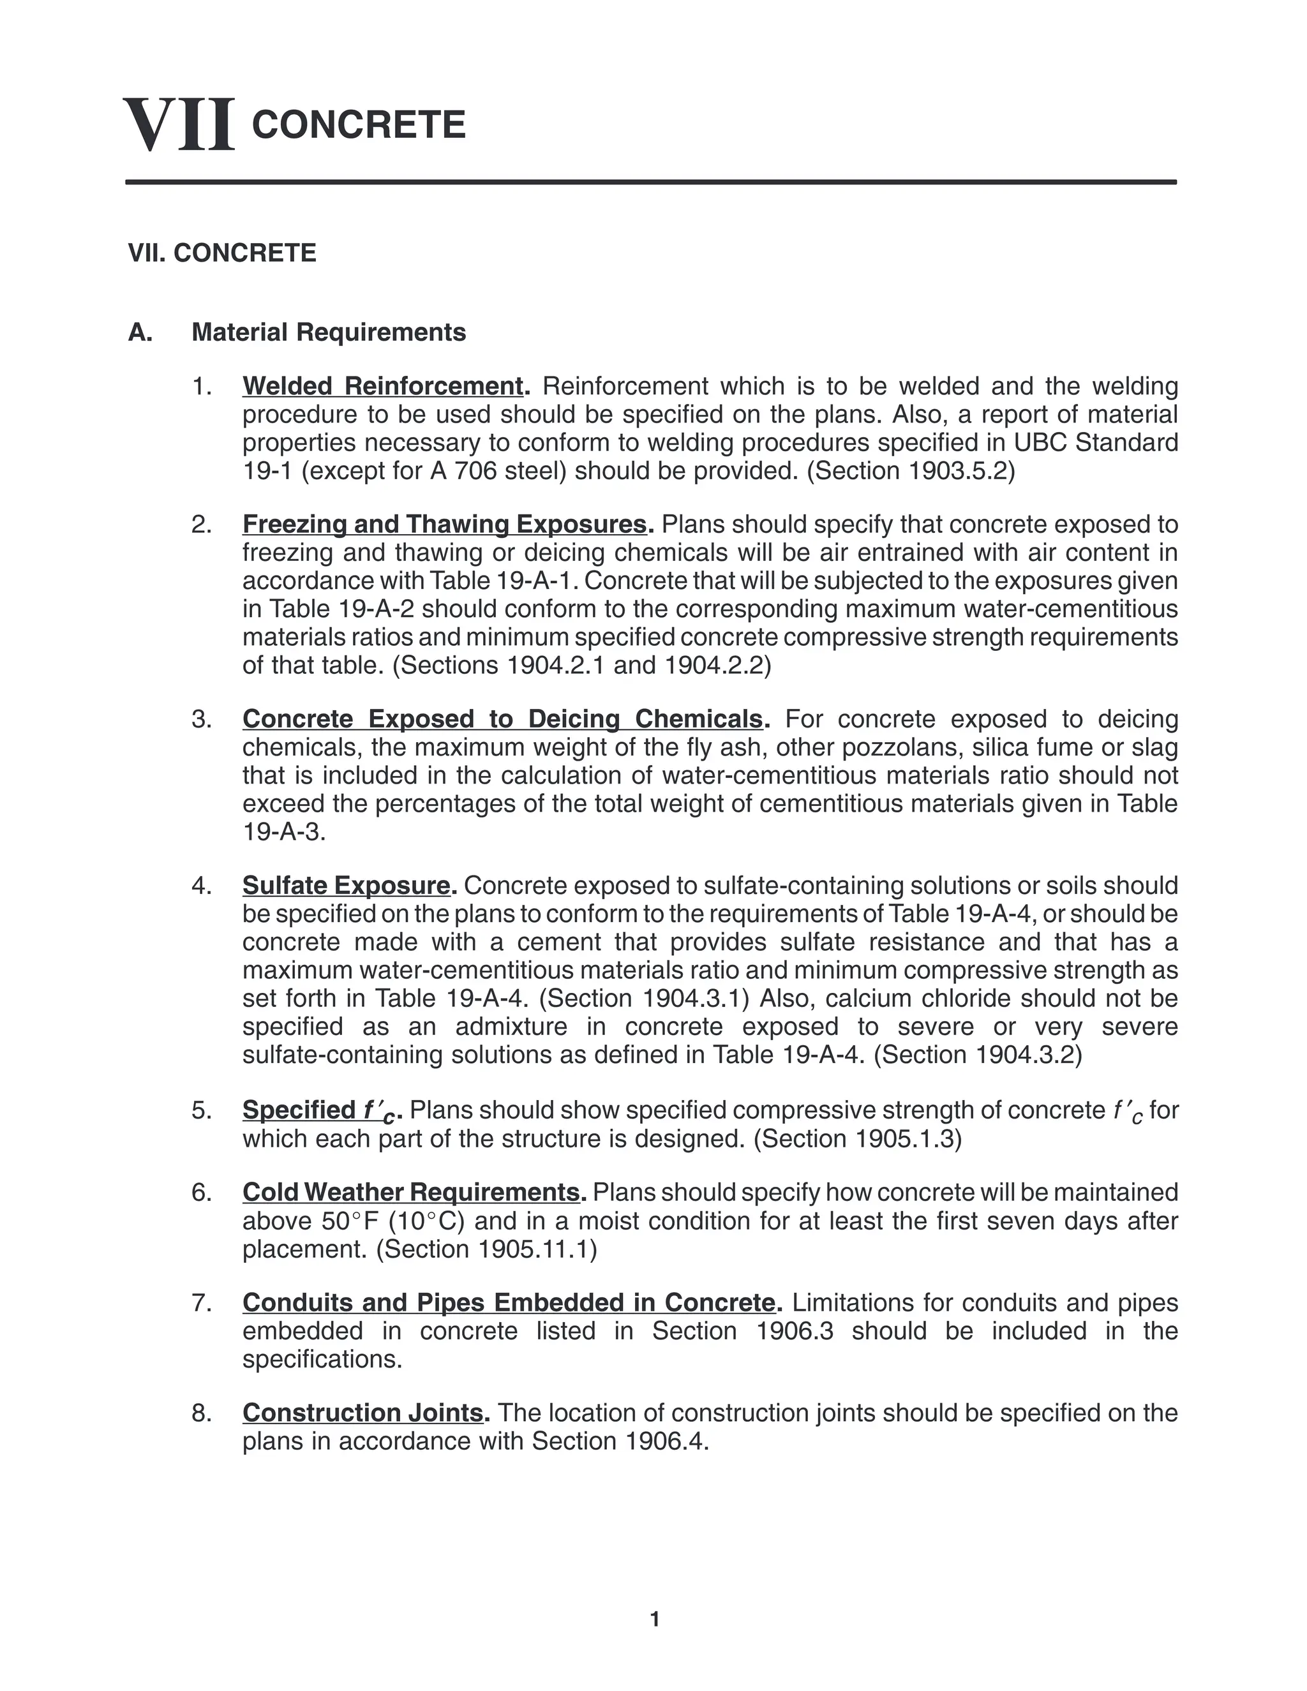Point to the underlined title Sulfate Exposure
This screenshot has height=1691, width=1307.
pyautogui.click(x=346, y=885)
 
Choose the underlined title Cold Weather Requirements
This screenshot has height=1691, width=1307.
pyautogui.click(x=411, y=1191)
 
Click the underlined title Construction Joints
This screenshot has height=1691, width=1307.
pyautogui.click(x=363, y=1412)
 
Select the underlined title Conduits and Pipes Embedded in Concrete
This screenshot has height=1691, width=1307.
pyautogui.click(x=509, y=1302)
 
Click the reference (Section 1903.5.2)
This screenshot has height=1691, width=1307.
pyautogui.click(x=911, y=471)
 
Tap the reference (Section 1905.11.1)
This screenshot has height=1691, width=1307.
pyautogui.click(x=486, y=1249)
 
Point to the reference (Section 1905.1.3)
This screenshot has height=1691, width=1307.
pyautogui.click(x=857, y=1139)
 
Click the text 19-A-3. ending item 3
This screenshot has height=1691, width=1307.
pyautogui.click(x=284, y=832)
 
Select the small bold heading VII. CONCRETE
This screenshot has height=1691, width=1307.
pyautogui.click(x=222, y=253)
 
